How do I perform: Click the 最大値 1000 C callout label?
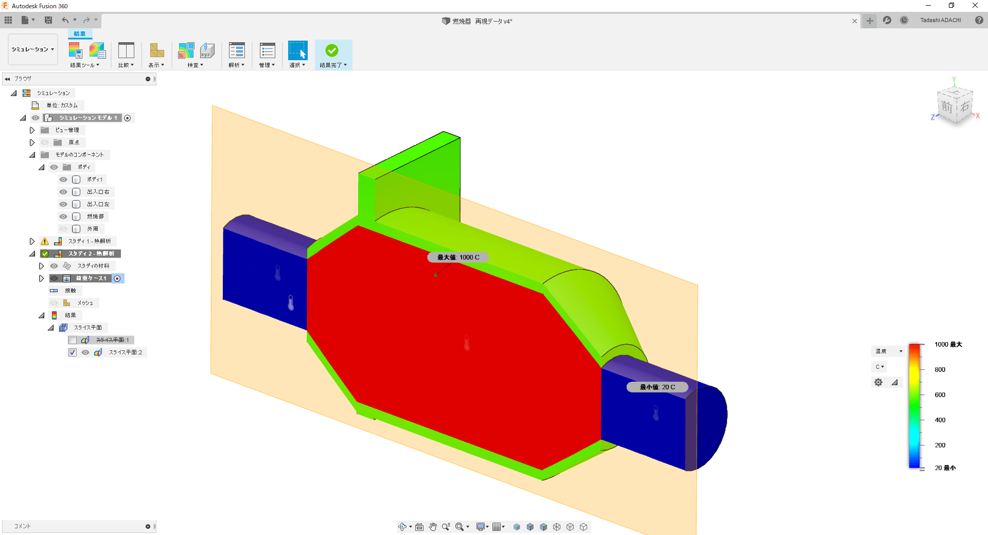pyautogui.click(x=458, y=257)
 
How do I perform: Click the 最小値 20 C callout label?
pyautogui.click(x=657, y=387)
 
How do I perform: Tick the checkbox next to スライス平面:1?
pyautogui.click(x=73, y=340)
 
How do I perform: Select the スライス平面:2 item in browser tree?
pyautogui.click(x=125, y=352)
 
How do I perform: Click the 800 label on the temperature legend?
pyautogui.click(x=940, y=369)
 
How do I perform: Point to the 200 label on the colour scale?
pyautogui.click(x=940, y=445)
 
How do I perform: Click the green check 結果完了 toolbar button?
pyautogui.click(x=332, y=50)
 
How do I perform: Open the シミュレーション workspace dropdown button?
pyautogui.click(x=32, y=49)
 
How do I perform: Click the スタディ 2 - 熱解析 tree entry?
pyautogui.click(x=91, y=254)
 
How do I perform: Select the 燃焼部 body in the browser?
pyautogui.click(x=95, y=217)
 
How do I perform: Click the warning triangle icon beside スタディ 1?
pyautogui.click(x=45, y=241)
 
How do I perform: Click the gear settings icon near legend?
pyautogui.click(x=878, y=382)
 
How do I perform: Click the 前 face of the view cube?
pyautogui.click(x=946, y=107)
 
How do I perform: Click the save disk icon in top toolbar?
pyautogui.click(x=48, y=20)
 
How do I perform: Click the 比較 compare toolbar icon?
pyautogui.click(x=126, y=50)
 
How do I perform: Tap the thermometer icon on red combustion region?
pyautogui.click(x=467, y=343)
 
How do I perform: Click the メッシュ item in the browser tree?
pyautogui.click(x=85, y=303)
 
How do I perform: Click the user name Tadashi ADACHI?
pyautogui.click(x=940, y=20)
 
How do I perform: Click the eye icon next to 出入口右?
pyautogui.click(x=63, y=192)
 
